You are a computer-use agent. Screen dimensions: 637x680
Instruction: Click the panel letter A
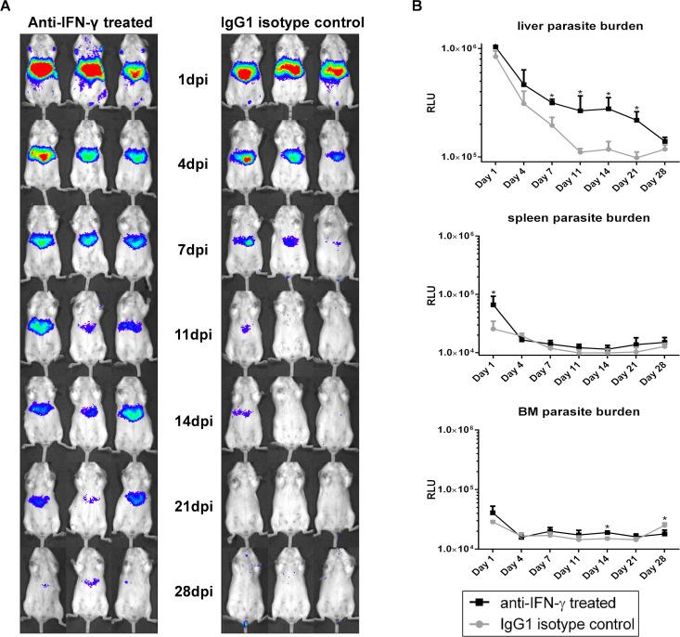coord(7,6)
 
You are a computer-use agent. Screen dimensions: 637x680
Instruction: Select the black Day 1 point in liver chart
coord(495,47)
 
